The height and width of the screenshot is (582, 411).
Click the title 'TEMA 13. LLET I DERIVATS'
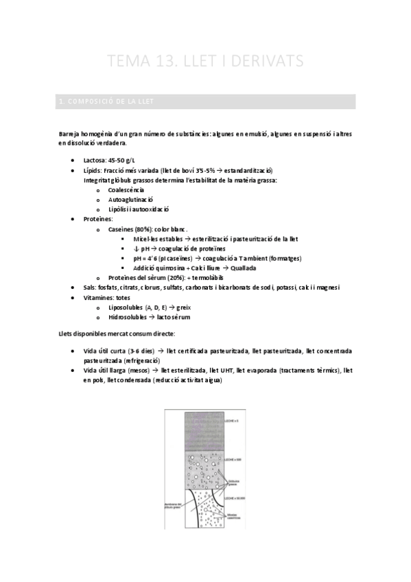pyautogui.click(x=205, y=62)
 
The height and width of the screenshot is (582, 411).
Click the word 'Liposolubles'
pyautogui.click(x=129, y=307)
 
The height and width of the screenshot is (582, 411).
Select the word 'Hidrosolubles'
pyautogui.click(x=131, y=317)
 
